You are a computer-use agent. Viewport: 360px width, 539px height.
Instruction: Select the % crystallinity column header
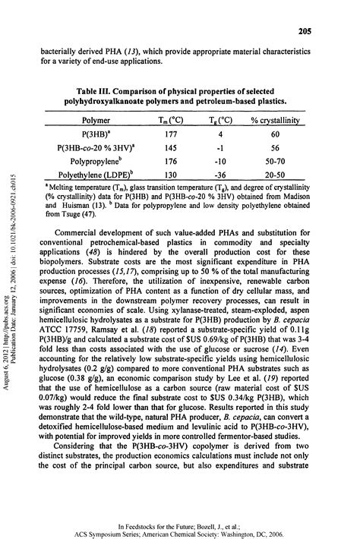(x=271, y=120)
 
